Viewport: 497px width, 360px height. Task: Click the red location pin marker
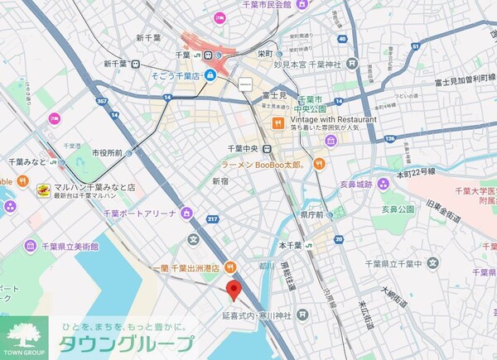[x=234, y=290]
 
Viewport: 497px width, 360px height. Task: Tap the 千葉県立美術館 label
[x=63, y=245]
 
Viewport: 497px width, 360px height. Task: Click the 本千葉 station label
[x=290, y=245]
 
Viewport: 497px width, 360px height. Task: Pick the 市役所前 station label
[x=107, y=153]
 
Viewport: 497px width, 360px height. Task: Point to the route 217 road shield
[x=212, y=219]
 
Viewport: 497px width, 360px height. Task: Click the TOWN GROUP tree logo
[x=23, y=335]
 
